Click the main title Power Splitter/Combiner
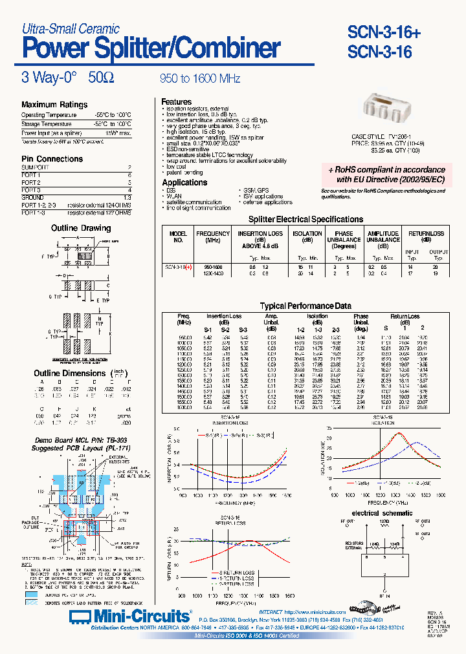click(x=151, y=48)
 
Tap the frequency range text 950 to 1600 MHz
click(x=200, y=79)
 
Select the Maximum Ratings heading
click(x=54, y=105)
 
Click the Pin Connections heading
click(x=52, y=159)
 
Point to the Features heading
click(x=176, y=101)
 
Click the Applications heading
click(x=184, y=183)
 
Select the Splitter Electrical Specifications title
click(x=305, y=220)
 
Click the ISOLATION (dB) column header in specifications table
click(x=307, y=237)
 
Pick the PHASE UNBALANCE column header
click(x=344, y=239)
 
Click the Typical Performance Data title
click(x=305, y=306)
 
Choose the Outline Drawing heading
click(x=81, y=228)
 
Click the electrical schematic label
click(x=383, y=512)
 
